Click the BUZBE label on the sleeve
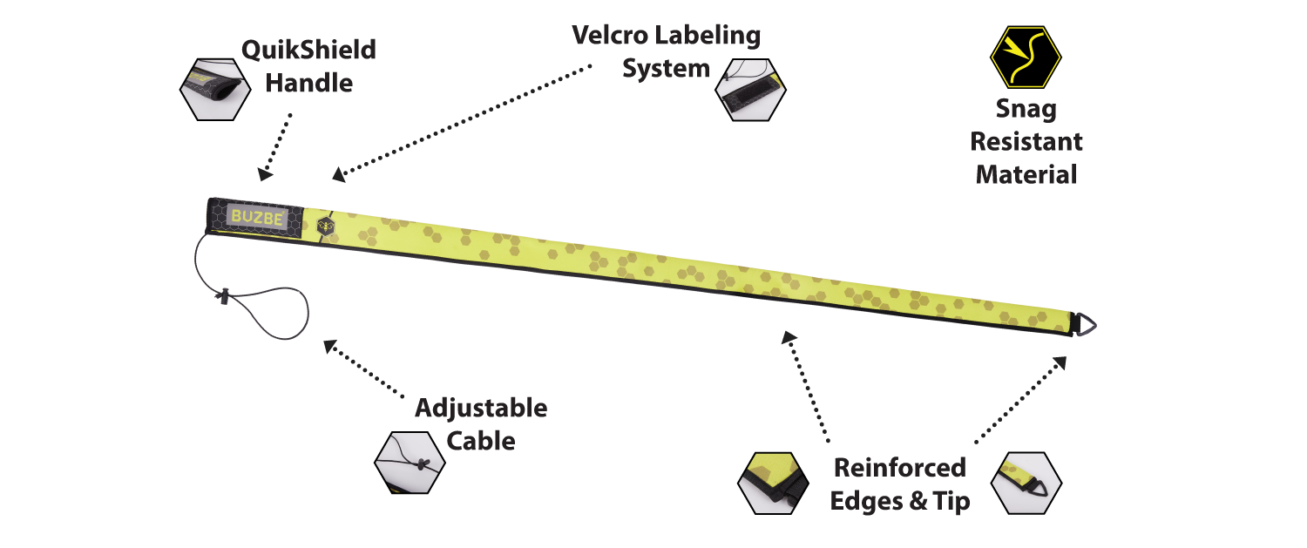coord(257,218)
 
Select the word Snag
coord(1026,109)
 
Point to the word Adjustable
coord(481,408)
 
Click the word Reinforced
coord(900,468)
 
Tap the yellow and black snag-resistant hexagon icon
coord(1026,57)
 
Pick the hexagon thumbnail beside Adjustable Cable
coord(410,462)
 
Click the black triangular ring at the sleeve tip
coord(1084,324)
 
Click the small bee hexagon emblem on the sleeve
coord(325,223)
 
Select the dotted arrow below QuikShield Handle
coord(277,145)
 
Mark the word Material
coord(1026,174)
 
